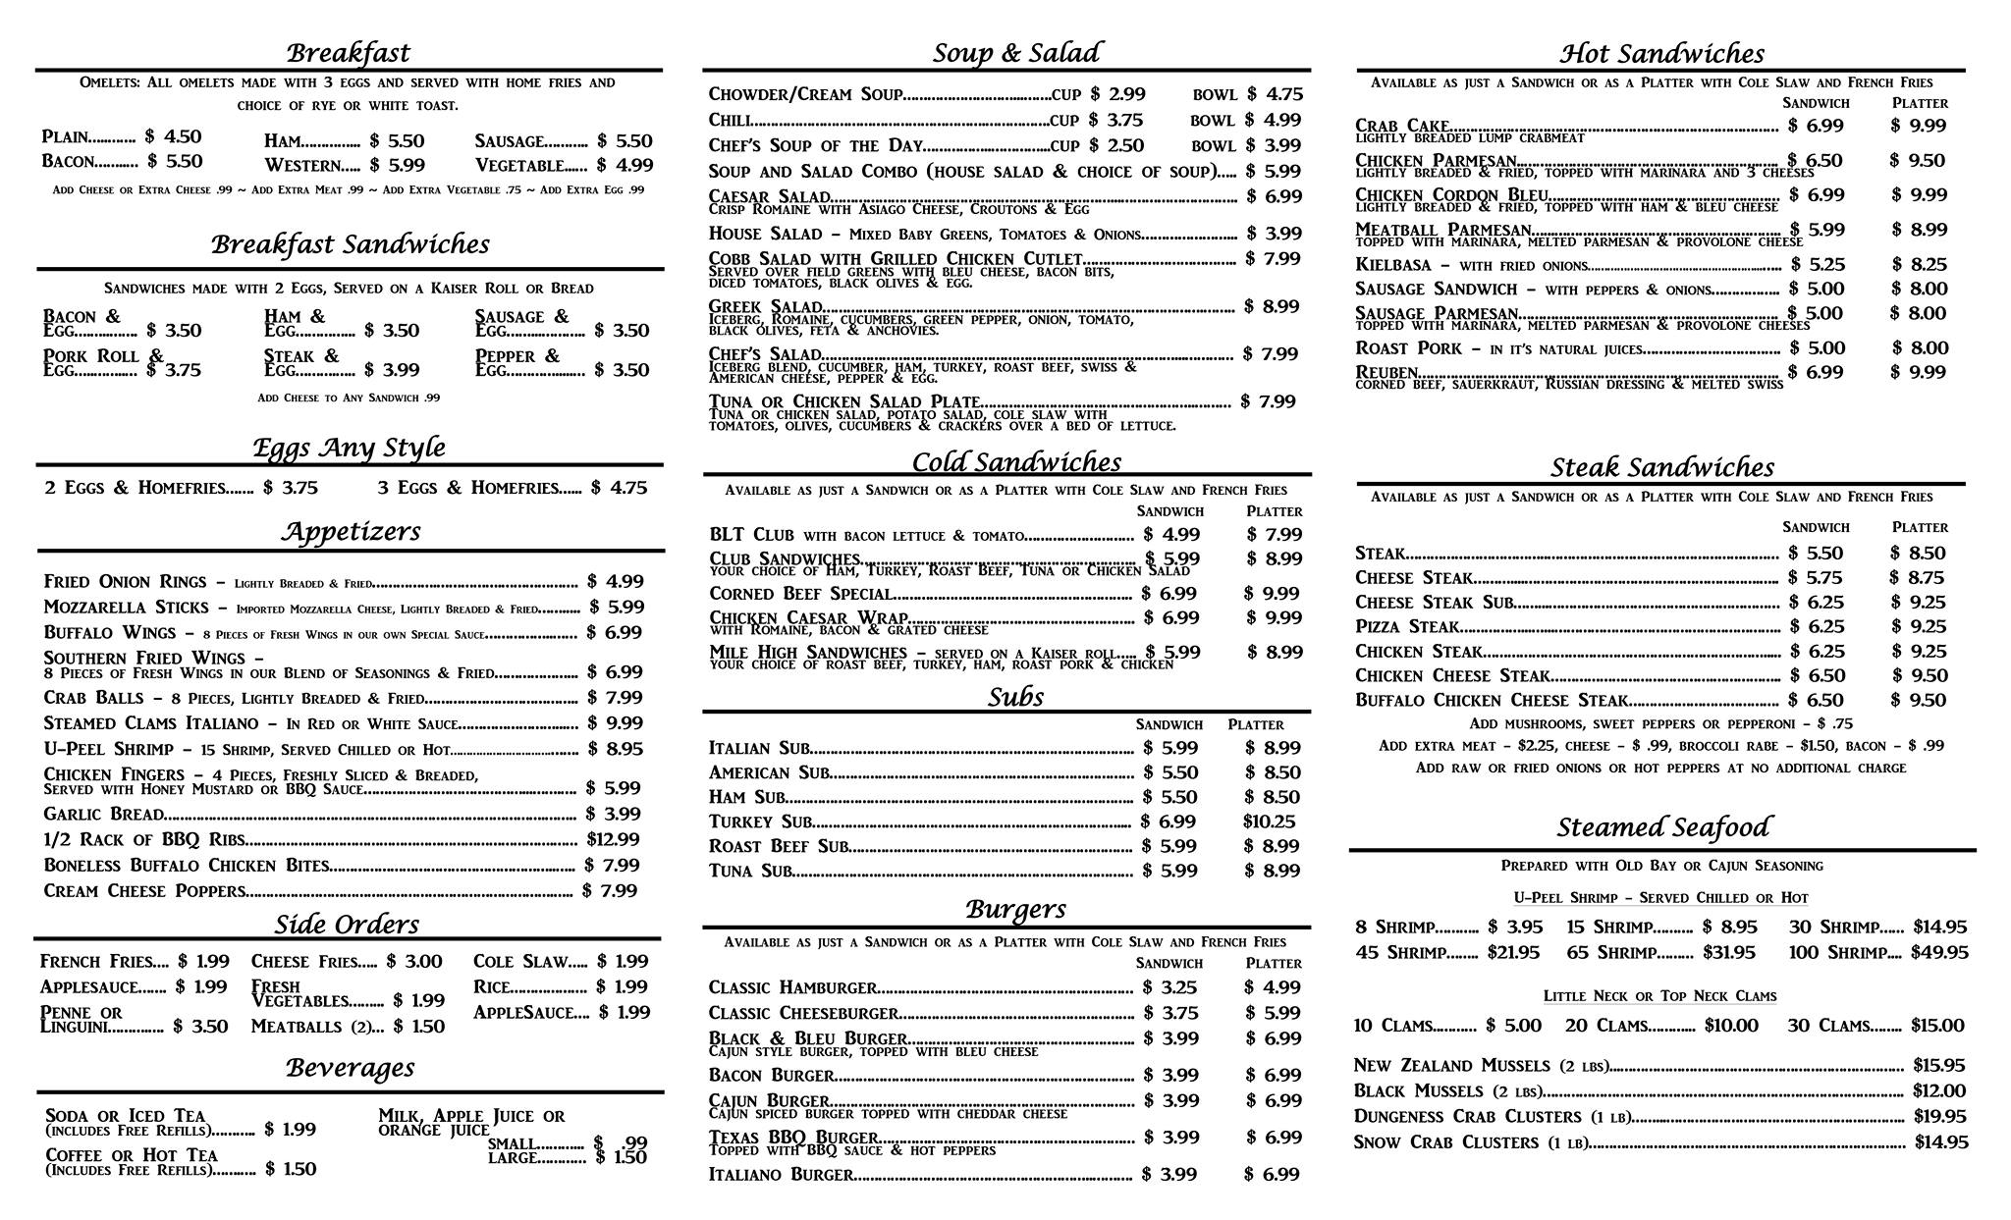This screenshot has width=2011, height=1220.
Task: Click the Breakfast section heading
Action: [349, 52]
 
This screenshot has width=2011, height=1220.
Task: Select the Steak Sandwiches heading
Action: [1661, 467]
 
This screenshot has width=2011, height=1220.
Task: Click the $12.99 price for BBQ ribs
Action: [613, 839]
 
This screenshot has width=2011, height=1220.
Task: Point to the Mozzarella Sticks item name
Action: [127, 608]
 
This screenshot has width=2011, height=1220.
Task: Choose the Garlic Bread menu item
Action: [104, 814]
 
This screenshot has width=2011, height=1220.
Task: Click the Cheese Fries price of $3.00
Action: [414, 962]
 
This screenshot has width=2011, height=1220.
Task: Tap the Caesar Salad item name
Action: [770, 196]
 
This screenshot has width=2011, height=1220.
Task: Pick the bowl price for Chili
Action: [1274, 121]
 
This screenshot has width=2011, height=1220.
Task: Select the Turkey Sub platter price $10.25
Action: [1269, 822]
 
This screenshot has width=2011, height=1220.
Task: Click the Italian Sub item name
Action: [759, 748]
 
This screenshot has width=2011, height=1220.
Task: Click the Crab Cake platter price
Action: [1918, 126]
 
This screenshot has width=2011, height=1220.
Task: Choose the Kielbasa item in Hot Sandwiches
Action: [1391, 264]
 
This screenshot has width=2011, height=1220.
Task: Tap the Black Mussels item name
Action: [1404, 1091]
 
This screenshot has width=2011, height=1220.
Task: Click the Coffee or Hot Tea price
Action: [291, 1169]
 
